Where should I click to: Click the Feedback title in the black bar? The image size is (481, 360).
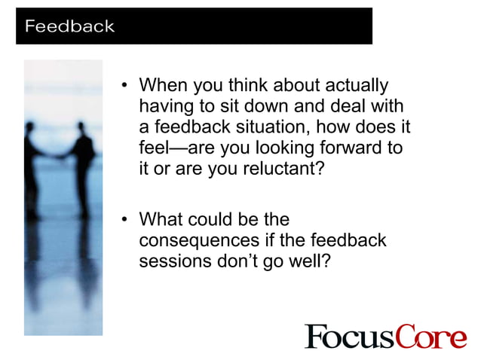click(69, 26)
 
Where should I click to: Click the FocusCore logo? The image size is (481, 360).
click(385, 336)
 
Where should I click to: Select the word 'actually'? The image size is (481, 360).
click(357, 85)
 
